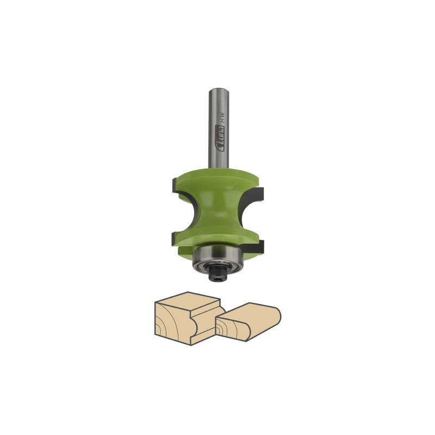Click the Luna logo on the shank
click(x=221, y=139)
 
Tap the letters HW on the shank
click(x=221, y=116)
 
